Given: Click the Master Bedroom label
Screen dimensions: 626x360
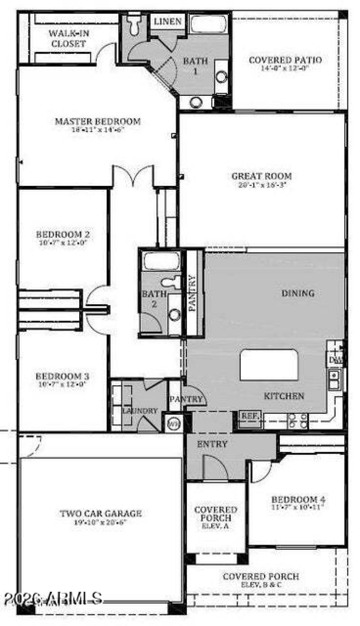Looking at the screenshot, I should pyautogui.click(x=98, y=122).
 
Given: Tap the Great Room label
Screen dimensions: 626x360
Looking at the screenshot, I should pyautogui.click(x=261, y=176).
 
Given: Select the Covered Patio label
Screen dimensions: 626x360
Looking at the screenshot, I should pyautogui.click(x=285, y=60).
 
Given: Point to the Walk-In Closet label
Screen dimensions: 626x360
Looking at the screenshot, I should pyautogui.click(x=67, y=38).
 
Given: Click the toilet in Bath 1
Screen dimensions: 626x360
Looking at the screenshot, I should pyautogui.click(x=134, y=25).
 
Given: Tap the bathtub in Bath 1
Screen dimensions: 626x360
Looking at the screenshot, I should pyautogui.click(x=208, y=24).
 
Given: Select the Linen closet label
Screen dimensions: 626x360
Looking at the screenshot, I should pyautogui.click(x=167, y=22).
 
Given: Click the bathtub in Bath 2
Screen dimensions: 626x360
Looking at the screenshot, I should pyautogui.click(x=162, y=261).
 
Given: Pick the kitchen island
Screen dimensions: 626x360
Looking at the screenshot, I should pyautogui.click(x=269, y=365).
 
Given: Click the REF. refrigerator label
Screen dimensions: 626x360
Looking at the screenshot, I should pyautogui.click(x=249, y=416).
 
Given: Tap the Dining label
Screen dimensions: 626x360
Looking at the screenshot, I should pyautogui.click(x=298, y=293).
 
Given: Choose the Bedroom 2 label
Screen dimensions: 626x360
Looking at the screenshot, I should pyautogui.click(x=63, y=234).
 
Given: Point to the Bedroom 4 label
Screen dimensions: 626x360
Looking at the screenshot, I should pyautogui.click(x=298, y=499).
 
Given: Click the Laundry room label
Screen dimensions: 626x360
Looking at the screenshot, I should pyautogui.click(x=140, y=410).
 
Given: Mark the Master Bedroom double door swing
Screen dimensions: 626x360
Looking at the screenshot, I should pyautogui.click(x=133, y=176).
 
